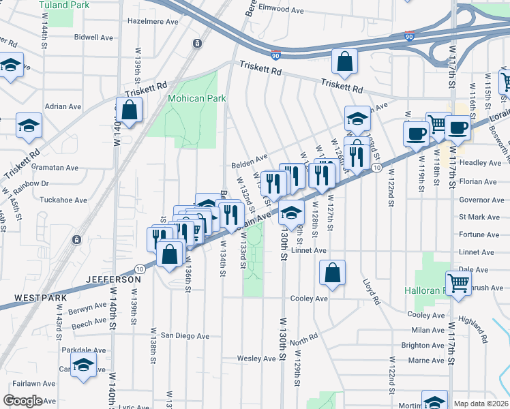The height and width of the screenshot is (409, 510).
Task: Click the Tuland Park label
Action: pyautogui.click(x=65, y=5)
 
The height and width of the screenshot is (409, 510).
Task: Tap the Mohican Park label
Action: pyautogui.click(x=197, y=98)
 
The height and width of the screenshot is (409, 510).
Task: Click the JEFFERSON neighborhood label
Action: pyautogui.click(x=114, y=279)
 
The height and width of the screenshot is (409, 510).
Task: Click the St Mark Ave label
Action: pyautogui.click(x=481, y=217)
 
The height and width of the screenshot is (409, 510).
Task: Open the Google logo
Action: pyautogui.click(x=22, y=401)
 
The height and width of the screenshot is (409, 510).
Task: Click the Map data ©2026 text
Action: pyautogui.click(x=481, y=404)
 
